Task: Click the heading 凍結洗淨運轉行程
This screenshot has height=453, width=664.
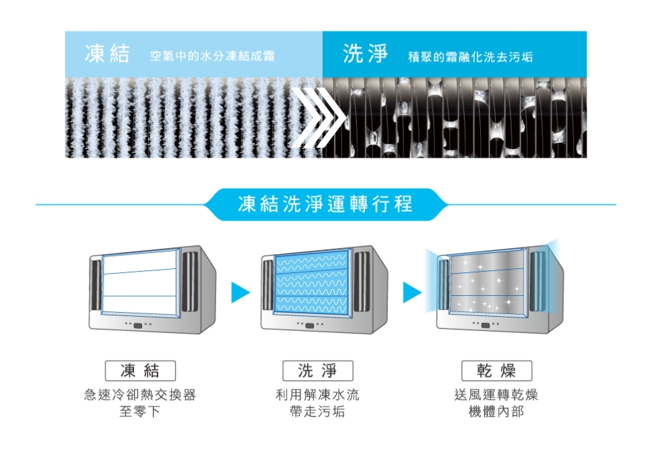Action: coord(325,204)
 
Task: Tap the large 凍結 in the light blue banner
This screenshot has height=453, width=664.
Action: coord(106,55)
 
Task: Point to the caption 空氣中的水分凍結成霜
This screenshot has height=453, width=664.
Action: coord(212,57)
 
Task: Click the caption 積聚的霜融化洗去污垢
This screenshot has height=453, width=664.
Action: coord(470,57)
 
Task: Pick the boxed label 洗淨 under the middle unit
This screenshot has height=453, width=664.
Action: coord(317,370)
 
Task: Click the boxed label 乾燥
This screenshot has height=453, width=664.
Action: coord(496,370)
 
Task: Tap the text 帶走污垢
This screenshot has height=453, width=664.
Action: coord(317,411)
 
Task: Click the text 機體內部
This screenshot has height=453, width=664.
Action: coord(496,411)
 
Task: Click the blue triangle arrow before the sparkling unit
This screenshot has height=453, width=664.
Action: coord(411,292)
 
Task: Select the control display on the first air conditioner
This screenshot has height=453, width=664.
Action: coord(139,326)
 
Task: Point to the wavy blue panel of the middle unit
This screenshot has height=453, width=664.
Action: coord(312,282)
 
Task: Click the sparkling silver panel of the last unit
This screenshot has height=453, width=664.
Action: coord(487,282)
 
